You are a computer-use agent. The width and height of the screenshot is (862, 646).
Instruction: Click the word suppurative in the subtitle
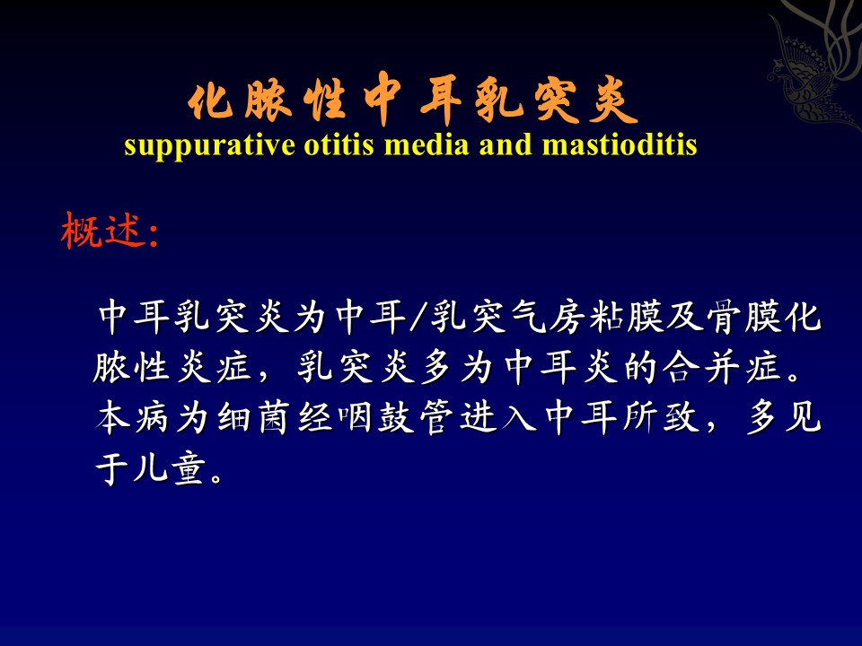[x=209, y=146]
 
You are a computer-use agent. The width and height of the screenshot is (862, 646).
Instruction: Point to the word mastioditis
[x=620, y=145]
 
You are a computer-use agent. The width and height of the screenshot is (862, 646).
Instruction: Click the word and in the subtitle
[x=506, y=145]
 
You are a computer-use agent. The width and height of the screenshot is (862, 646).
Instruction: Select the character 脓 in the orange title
[x=268, y=101]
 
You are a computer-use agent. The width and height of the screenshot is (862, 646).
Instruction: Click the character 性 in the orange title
[x=325, y=101]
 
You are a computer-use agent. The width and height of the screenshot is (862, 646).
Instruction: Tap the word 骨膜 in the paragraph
[x=743, y=317]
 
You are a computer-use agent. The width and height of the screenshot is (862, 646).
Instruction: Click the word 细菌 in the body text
[x=254, y=417]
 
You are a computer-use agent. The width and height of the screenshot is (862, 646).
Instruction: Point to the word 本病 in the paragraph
[x=131, y=417]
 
